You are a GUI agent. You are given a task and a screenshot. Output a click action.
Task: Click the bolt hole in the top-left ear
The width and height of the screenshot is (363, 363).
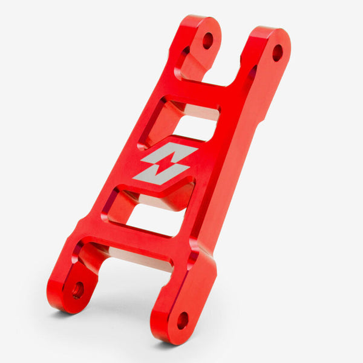click(208, 41)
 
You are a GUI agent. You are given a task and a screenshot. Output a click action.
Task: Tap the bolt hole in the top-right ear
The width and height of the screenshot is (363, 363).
click(277, 53)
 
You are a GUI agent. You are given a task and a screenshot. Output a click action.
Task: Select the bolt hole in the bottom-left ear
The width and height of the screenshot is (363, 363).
click(78, 290)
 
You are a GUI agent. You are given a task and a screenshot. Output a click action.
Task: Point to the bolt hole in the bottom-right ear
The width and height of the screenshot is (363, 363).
click(183, 320)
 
